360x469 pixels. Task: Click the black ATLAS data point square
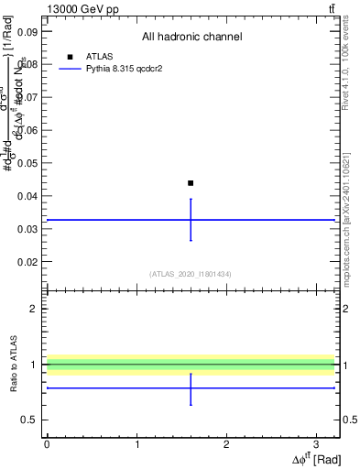(x=191, y=183)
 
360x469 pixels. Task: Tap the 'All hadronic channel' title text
(x=191, y=37)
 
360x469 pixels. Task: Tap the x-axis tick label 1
(x=136, y=443)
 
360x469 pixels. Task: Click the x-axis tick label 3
(x=316, y=443)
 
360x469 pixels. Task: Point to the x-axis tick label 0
(x=47, y=443)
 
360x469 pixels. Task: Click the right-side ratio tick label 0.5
(x=349, y=420)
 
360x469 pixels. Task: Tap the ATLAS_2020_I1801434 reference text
(x=191, y=274)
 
